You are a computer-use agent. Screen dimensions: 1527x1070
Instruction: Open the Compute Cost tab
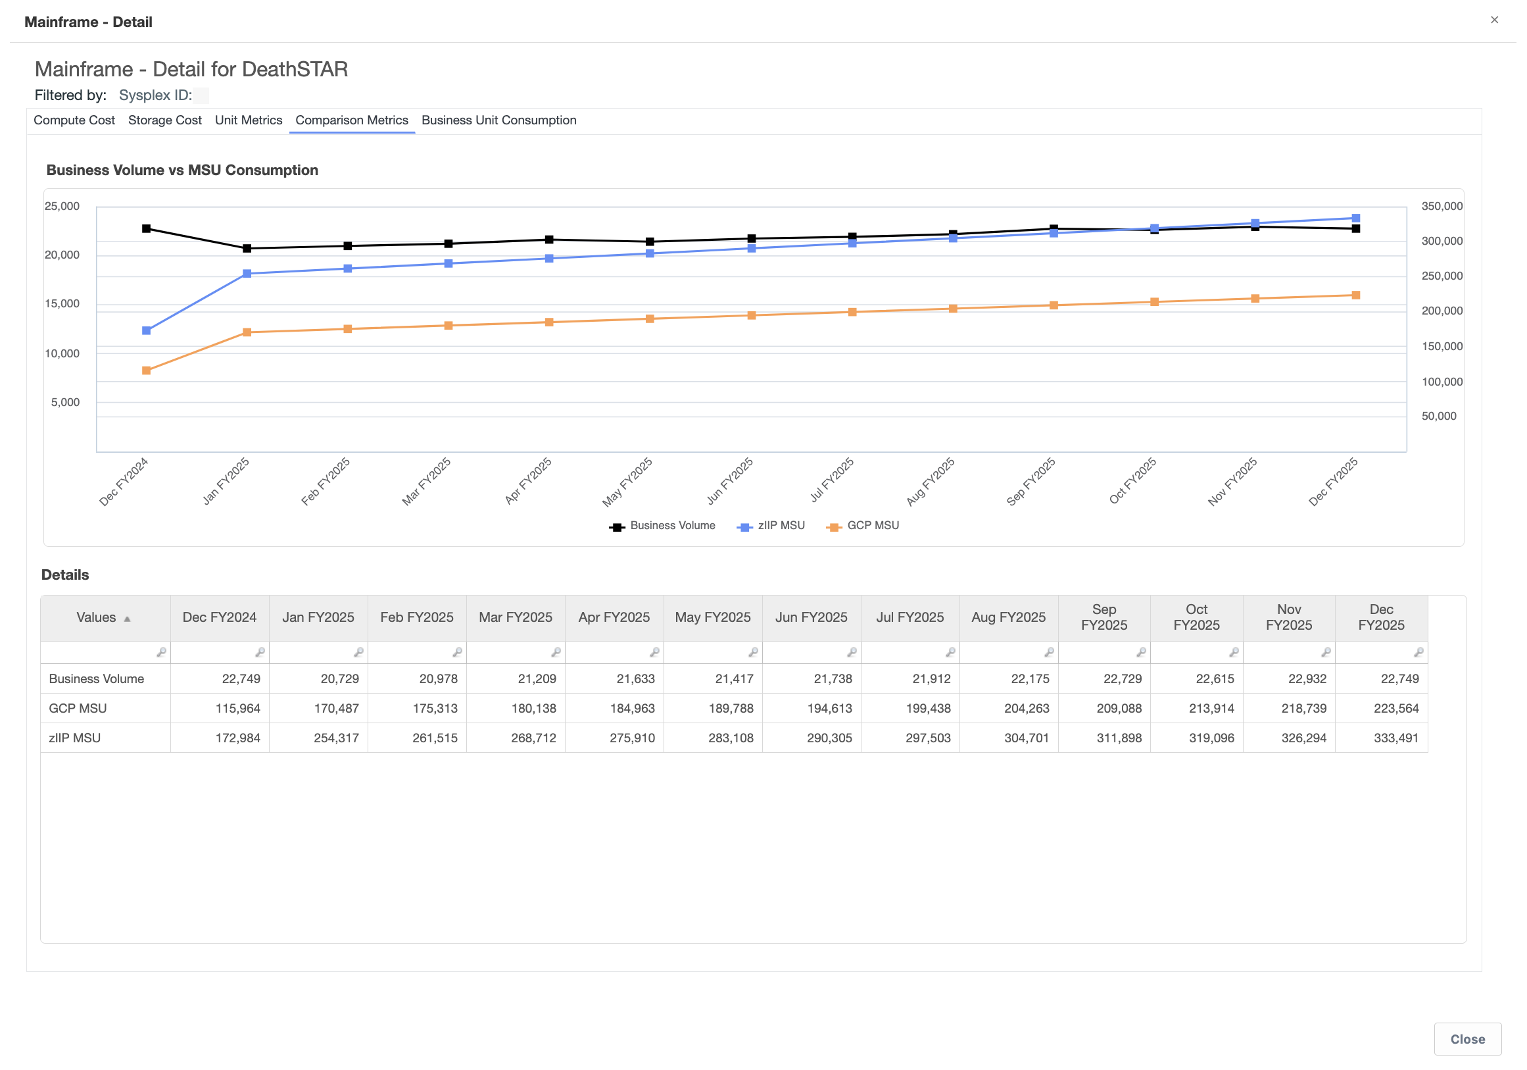(x=74, y=120)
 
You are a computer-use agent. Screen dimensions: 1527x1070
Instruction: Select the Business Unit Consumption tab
(x=498, y=120)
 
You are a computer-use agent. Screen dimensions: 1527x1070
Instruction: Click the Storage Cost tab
(x=165, y=120)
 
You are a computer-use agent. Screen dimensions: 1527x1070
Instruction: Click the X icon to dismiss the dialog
(x=1494, y=20)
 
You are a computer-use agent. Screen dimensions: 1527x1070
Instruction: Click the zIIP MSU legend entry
(x=771, y=526)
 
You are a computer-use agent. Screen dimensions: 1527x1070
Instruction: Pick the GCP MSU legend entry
(x=863, y=526)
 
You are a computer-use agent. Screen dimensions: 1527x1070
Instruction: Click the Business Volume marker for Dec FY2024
(x=146, y=229)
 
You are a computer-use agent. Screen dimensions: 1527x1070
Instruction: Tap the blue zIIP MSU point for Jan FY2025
(x=247, y=274)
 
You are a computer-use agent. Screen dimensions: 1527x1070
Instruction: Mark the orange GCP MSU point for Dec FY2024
(x=146, y=370)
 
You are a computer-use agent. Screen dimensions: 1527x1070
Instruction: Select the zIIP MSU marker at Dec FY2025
(x=1356, y=218)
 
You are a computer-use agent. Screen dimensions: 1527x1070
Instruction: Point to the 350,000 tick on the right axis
(x=1442, y=206)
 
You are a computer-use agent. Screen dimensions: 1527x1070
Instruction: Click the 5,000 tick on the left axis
(x=65, y=403)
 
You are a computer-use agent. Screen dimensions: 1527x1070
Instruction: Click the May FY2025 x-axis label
(x=627, y=482)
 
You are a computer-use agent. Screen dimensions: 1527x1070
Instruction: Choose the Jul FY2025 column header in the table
(x=909, y=618)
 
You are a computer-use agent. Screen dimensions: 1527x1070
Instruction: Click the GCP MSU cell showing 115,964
(x=237, y=709)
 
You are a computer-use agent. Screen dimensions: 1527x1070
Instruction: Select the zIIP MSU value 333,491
(x=1396, y=738)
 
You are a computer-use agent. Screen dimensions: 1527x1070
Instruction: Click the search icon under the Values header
(x=161, y=653)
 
